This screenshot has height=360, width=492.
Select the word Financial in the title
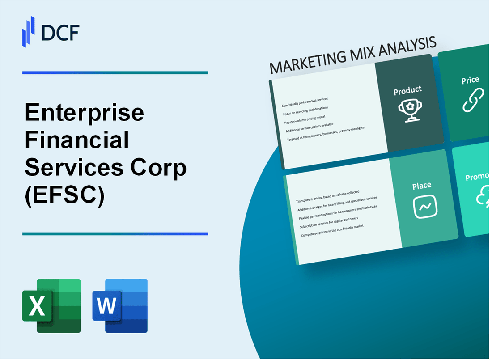pos(77,141)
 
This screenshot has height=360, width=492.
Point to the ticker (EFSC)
pos(65,195)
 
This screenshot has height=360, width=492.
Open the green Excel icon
pos(51,305)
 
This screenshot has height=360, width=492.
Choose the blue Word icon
pos(120,305)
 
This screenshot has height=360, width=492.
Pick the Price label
pos(470,80)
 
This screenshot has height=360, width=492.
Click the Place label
pos(422,185)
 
